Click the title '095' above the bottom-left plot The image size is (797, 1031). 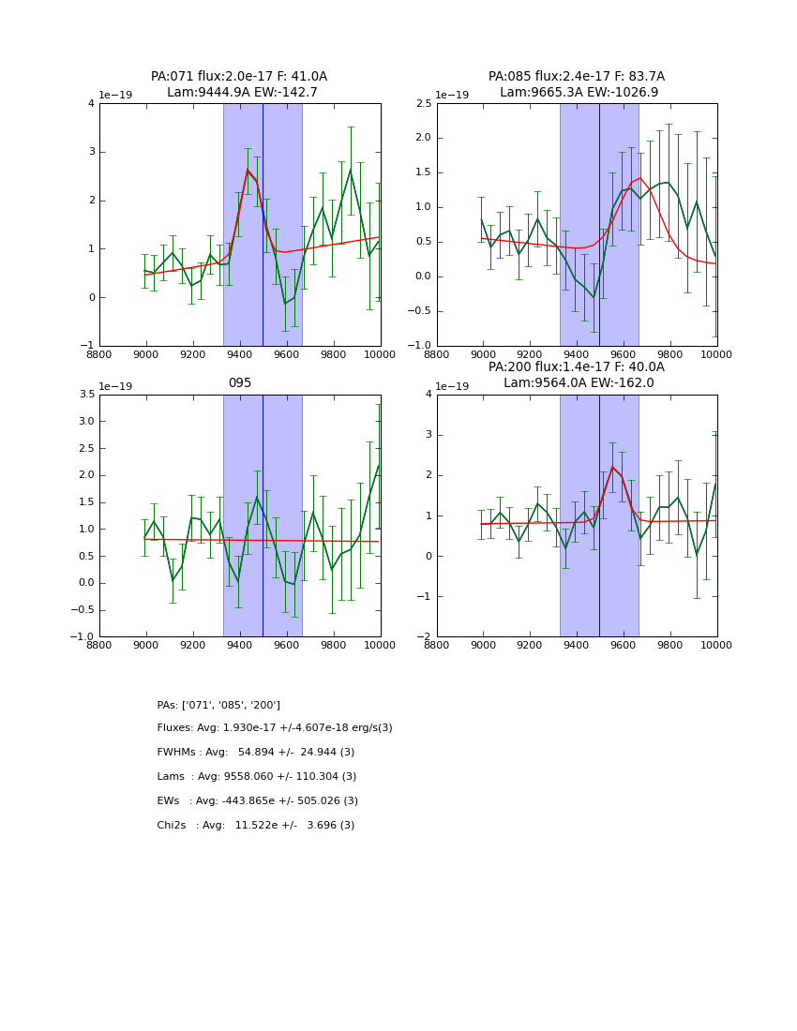(240, 382)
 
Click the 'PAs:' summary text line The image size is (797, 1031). (218, 705)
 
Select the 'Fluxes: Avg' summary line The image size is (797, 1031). (275, 728)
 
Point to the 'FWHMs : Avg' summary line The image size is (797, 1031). (256, 753)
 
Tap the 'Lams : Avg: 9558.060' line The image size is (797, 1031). (257, 777)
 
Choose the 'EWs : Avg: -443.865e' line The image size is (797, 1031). (258, 801)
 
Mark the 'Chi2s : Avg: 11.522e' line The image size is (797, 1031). (256, 826)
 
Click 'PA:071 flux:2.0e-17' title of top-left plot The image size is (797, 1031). (239, 77)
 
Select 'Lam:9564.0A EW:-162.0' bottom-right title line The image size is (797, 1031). (576, 382)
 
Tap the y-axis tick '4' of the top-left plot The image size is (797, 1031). (91, 103)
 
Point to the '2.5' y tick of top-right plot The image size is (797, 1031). (423, 103)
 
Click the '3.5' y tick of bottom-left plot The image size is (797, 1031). (85, 395)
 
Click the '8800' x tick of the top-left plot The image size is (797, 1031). (99, 354)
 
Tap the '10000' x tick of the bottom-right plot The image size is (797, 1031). (717, 645)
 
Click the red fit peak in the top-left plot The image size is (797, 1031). (248, 170)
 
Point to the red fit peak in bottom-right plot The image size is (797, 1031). (612, 467)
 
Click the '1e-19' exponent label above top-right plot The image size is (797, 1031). (452, 95)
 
